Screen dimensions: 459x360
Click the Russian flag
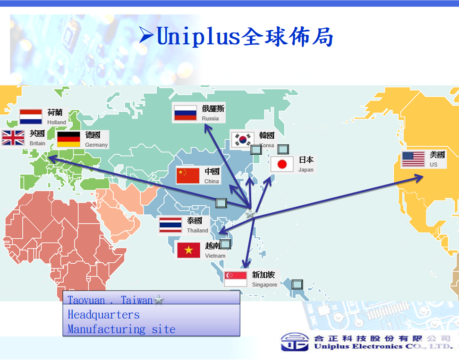[x=185, y=113]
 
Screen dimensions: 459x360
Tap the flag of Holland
[x=31, y=117]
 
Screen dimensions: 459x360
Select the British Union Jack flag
[x=13, y=138]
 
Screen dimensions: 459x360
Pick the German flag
[x=68, y=139]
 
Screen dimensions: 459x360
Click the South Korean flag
[x=243, y=140]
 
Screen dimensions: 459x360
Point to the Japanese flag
[x=282, y=164]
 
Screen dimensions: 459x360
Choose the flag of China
[x=188, y=176]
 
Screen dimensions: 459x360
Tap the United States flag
[x=413, y=159]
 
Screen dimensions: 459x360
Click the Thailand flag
[x=170, y=225]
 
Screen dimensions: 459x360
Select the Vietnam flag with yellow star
[x=189, y=250]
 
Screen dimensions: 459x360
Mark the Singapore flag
[x=236, y=279]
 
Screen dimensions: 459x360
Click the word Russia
[x=210, y=118]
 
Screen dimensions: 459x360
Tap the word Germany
[x=96, y=145]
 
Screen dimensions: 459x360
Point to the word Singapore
[x=264, y=285]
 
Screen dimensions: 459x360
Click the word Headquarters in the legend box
[x=103, y=315]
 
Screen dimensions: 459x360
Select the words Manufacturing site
[x=121, y=329]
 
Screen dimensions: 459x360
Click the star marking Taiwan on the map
[x=250, y=213]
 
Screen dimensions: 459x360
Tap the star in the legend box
[x=159, y=299]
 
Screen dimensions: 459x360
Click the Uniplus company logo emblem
[x=295, y=342]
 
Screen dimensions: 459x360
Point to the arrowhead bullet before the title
[x=146, y=35]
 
